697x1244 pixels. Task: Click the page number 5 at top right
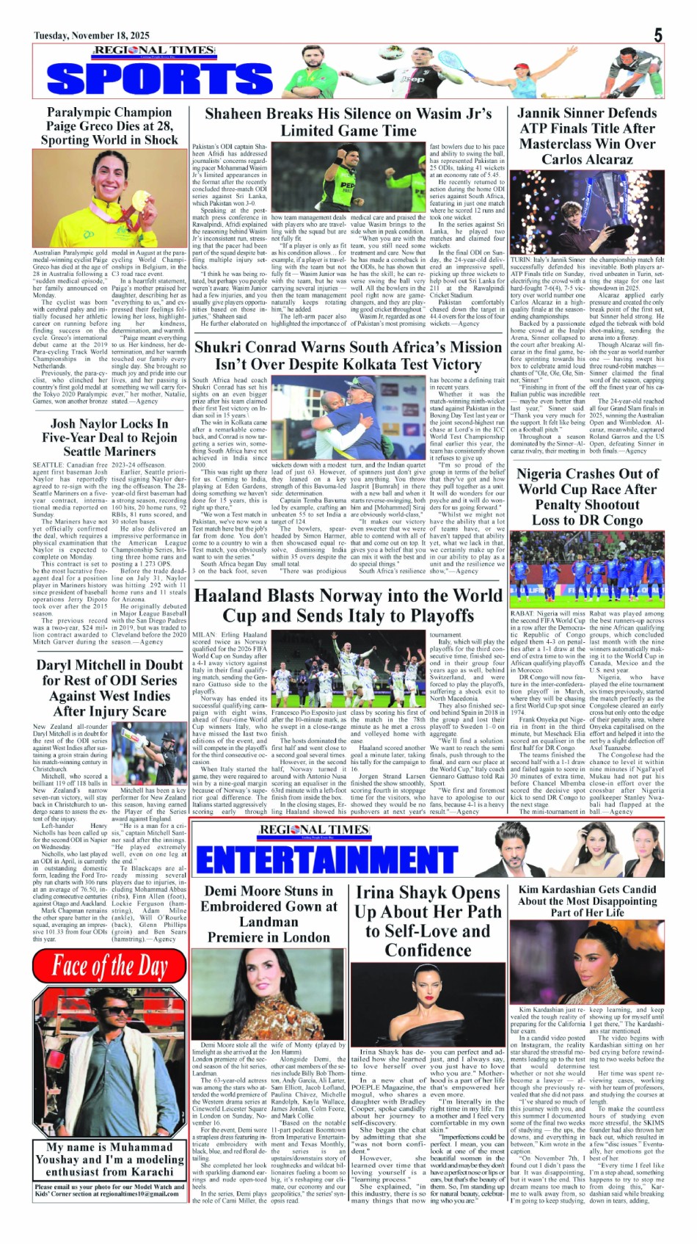pos(657,34)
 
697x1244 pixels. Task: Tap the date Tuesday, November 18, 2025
pos(92,35)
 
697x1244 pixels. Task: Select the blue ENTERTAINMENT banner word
pos(326,859)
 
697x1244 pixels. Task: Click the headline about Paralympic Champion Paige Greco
pos(109,126)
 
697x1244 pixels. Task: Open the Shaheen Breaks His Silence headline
pos(348,122)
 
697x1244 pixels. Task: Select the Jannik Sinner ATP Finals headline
pos(587,136)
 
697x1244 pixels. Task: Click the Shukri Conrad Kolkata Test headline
pos(348,355)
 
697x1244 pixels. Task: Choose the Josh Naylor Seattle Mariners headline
pos(109,437)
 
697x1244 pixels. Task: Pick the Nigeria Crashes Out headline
pos(587,497)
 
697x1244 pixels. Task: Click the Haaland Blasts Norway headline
pos(348,605)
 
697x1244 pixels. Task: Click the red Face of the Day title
pos(109,966)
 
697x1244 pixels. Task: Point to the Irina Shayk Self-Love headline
pos(428,921)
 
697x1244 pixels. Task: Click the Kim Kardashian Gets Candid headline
pos(587,901)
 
